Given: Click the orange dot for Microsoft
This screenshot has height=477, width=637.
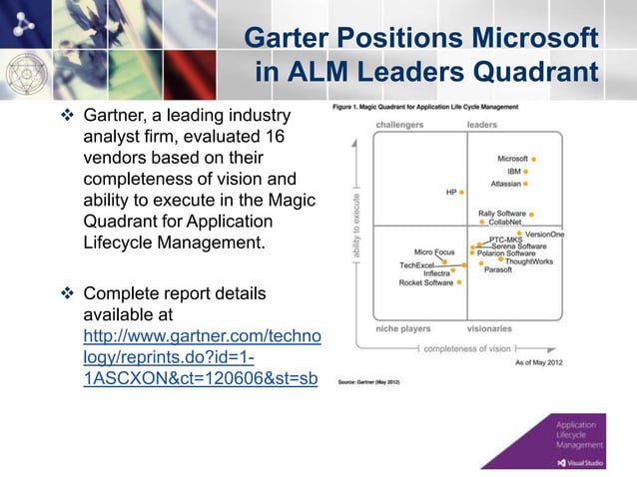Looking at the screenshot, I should click(x=534, y=159).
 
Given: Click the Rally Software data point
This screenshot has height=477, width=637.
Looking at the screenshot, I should click(x=532, y=214).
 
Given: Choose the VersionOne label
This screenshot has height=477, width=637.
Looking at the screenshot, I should click(x=544, y=234).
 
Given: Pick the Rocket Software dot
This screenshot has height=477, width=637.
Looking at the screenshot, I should click(x=459, y=282).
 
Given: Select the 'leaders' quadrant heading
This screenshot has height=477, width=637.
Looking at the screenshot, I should click(x=482, y=125).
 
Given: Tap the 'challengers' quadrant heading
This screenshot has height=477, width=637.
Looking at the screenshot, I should click(x=399, y=125).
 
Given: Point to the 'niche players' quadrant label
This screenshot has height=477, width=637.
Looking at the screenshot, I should click(x=403, y=327).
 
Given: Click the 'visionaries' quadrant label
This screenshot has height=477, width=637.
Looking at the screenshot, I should click(x=489, y=327).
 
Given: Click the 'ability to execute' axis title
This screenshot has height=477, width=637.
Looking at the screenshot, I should click(x=356, y=228).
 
